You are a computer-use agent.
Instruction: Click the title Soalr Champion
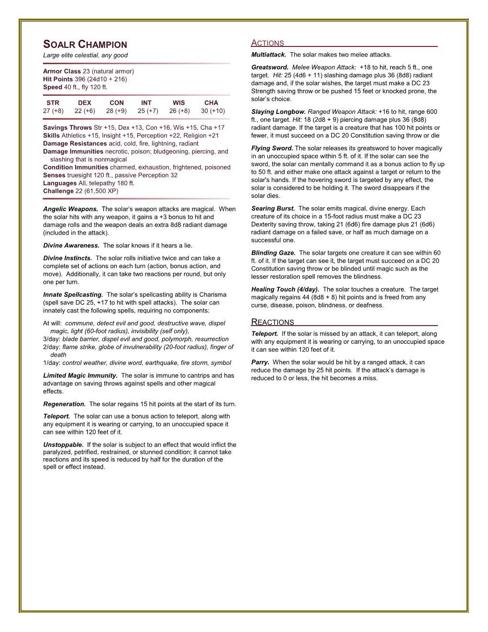(85, 45)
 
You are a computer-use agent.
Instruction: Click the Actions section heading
(267, 43)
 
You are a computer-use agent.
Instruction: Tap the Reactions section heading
(273, 322)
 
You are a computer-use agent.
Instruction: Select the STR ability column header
(53, 102)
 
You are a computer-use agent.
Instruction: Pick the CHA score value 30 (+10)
(211, 111)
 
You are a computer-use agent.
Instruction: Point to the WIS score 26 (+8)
(179, 111)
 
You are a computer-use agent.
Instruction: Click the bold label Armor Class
(62, 71)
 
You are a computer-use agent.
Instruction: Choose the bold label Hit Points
(58, 79)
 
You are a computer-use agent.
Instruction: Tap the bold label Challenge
(58, 191)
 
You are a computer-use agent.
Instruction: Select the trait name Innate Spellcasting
(73, 294)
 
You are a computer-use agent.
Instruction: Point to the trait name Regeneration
(64, 404)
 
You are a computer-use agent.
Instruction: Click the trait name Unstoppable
(63, 444)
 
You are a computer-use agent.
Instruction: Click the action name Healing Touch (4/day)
(285, 290)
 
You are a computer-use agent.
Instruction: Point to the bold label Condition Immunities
(76, 168)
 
